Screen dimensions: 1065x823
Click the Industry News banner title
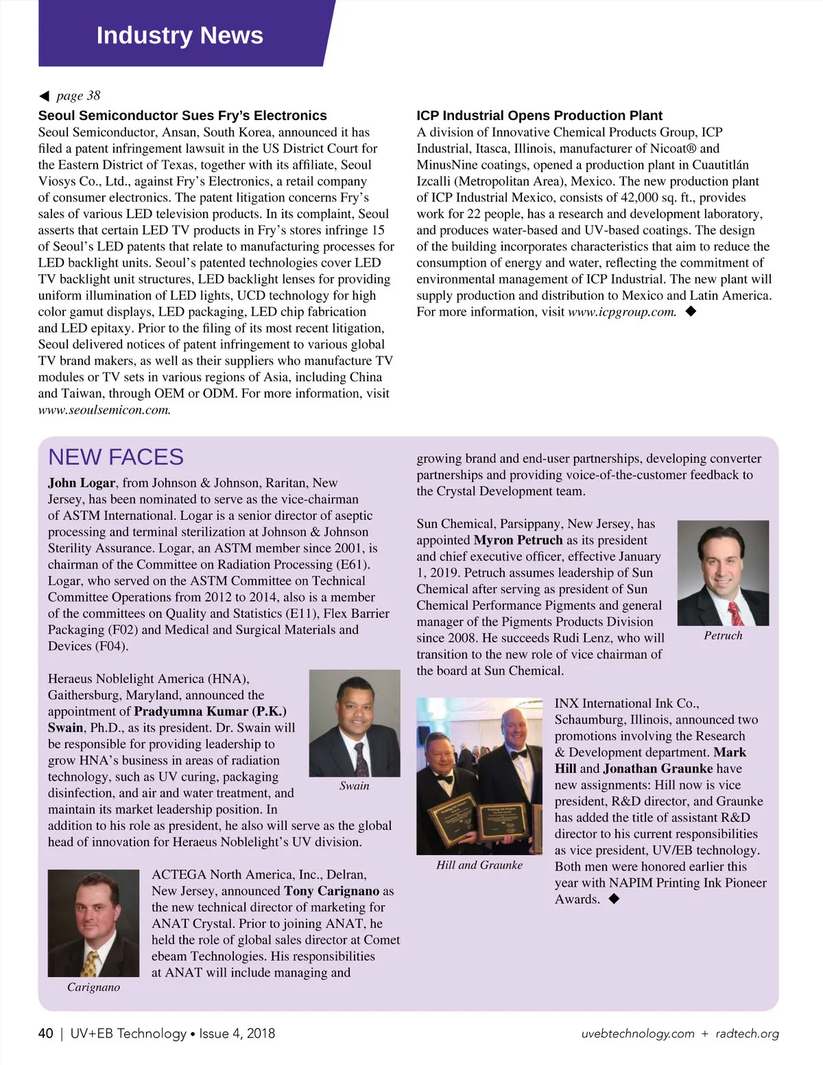tap(180, 35)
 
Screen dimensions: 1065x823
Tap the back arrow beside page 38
tap(44, 96)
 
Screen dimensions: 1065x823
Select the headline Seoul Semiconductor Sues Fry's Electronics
tap(182, 115)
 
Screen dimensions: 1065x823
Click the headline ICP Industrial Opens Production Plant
tap(539, 115)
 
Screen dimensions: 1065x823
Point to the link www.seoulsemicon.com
tap(104, 410)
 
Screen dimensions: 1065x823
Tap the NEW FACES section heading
tap(116, 457)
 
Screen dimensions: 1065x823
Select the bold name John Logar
tap(82, 483)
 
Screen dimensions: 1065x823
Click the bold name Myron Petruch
tap(518, 540)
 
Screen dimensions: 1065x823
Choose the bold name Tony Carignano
tap(331, 891)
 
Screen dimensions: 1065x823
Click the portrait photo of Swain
tap(355, 723)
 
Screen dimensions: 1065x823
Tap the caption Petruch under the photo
tap(723, 636)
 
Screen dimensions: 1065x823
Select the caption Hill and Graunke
tap(479, 865)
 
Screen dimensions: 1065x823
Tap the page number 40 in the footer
tap(46, 1033)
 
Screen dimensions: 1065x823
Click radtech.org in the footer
tap(747, 1033)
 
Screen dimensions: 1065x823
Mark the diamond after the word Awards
tap(614, 898)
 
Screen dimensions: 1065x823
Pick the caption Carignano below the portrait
tap(93, 988)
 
